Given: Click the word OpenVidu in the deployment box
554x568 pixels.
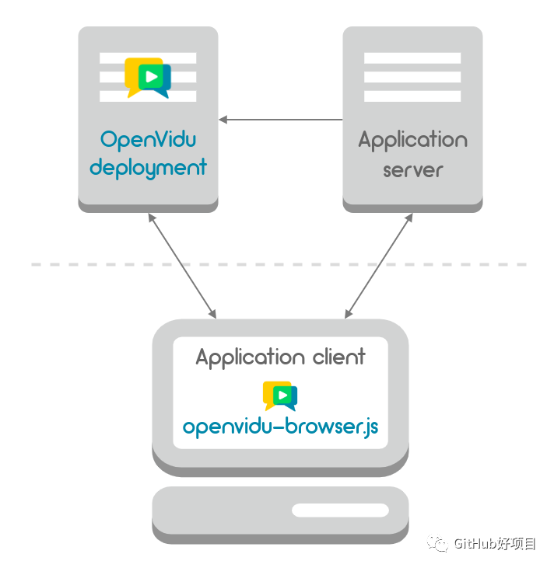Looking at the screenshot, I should (148, 140).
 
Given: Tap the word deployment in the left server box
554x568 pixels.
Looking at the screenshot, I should (148, 167).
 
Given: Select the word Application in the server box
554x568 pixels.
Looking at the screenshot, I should (412, 141).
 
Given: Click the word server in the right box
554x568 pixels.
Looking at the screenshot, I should (412, 169).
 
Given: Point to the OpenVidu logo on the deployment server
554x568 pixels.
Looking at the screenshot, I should (148, 77).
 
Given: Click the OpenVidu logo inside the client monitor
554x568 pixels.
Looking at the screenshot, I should (280, 396).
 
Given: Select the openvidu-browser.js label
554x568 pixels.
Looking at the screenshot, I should (280, 427).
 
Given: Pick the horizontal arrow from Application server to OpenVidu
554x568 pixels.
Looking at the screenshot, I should (280, 120).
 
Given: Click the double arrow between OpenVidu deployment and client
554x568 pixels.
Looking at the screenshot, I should (182, 265).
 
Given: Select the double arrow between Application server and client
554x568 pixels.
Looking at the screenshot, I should (378, 265).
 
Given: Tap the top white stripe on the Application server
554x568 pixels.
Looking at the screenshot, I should (412, 58).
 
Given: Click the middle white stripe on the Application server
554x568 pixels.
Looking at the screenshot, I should (412, 77).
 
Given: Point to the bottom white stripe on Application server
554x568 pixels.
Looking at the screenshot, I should (412, 96).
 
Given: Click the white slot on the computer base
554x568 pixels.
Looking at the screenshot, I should (340, 511).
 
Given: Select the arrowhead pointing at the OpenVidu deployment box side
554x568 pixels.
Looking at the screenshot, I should (223, 120).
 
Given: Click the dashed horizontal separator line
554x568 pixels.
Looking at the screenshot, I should (78, 265).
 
